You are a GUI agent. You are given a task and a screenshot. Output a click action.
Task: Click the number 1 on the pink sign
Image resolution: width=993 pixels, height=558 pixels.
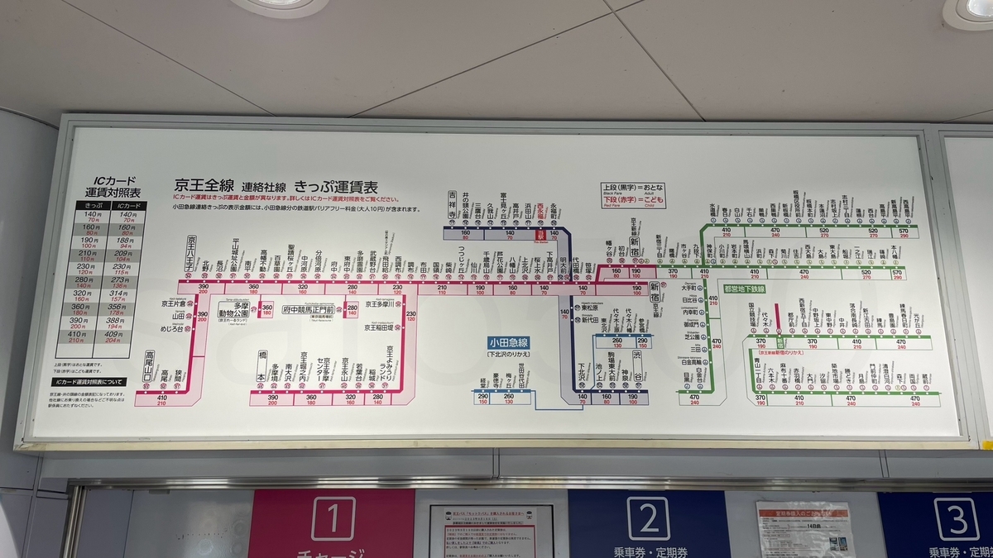click(333, 519)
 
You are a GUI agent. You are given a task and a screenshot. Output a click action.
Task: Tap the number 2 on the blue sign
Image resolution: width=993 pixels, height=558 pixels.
click(648, 518)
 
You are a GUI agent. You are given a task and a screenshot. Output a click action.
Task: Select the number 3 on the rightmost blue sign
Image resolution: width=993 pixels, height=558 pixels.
click(956, 519)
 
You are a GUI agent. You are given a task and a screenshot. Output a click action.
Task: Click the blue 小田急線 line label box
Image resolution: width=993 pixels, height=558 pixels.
click(508, 342)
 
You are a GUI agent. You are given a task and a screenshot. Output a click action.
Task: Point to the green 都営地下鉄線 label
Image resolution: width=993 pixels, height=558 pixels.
click(745, 289)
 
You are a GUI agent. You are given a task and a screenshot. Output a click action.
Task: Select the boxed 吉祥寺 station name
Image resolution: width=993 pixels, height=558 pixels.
click(452, 205)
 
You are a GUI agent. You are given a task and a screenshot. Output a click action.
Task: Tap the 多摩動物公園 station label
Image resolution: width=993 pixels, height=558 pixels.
click(233, 310)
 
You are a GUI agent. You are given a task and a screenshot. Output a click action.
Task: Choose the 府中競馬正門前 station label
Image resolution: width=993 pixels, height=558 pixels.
click(307, 309)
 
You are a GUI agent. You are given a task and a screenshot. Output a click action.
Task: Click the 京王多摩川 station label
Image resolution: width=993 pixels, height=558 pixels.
click(379, 303)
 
